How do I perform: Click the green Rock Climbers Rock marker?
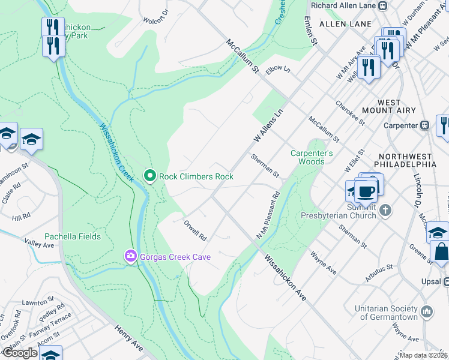pos(150,176)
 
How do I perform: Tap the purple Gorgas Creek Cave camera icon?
pos(130,257)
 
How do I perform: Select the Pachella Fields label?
pos(73,236)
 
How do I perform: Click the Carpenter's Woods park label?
pos(312,157)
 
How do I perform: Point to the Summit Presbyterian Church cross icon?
pos(385,211)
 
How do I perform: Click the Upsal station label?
pos(430,281)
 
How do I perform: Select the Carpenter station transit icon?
pos(424,125)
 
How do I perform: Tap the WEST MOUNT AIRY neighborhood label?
pos(390,107)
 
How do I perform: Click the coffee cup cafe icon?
pos(366,191)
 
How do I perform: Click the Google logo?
pos(20,353)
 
